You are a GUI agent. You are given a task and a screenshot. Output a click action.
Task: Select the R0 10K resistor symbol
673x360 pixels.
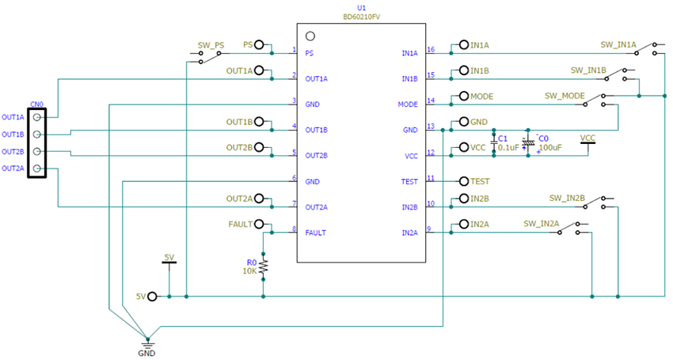[x=264, y=266]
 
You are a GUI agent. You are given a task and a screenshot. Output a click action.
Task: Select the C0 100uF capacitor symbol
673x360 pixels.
[x=528, y=142]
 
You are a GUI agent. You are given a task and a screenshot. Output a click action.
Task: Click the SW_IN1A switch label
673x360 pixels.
[x=618, y=44]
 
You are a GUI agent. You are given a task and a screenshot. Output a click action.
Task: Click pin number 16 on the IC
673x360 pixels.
[x=431, y=50]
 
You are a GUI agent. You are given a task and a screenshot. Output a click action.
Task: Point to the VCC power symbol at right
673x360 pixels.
[x=587, y=140]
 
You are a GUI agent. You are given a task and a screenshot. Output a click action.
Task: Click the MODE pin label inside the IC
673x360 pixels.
[x=408, y=104]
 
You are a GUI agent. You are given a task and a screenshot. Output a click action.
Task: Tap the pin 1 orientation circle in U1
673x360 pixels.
[x=310, y=36]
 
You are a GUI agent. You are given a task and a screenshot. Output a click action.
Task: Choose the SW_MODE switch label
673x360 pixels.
[x=565, y=96]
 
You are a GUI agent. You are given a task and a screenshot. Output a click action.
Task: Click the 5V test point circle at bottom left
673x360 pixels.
[x=152, y=297]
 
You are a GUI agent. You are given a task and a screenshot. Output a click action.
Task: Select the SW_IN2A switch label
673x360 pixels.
[x=542, y=224]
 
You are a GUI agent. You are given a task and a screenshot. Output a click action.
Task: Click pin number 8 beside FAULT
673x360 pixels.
[x=294, y=229]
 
